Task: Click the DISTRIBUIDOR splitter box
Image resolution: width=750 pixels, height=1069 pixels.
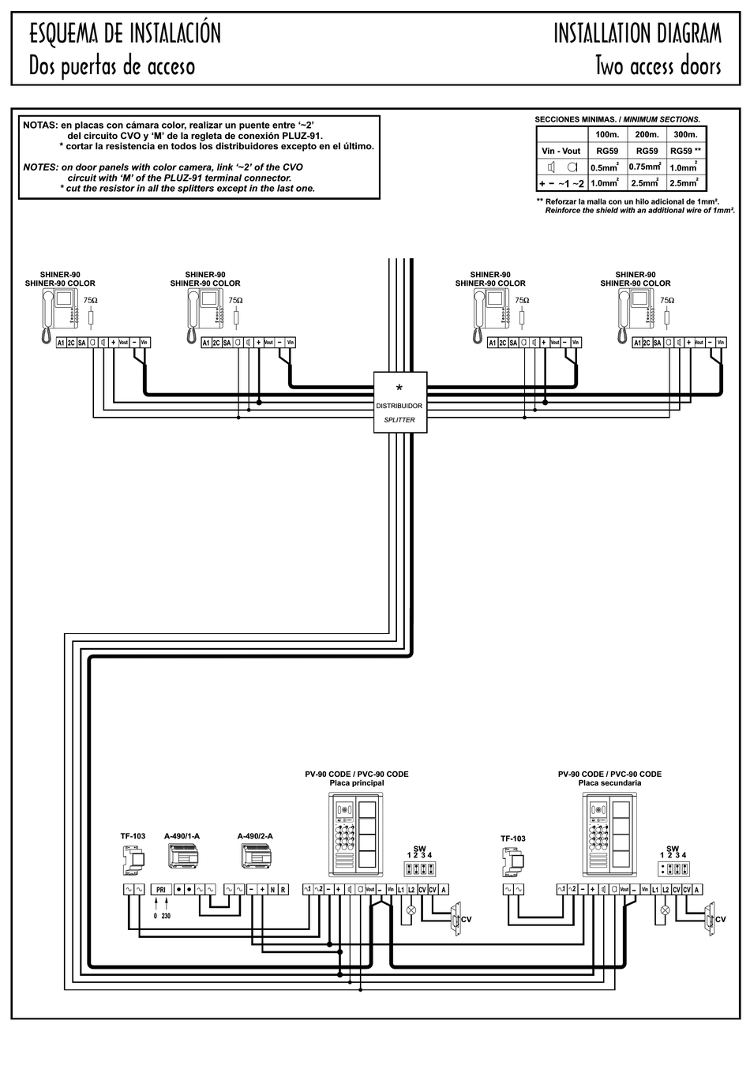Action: (x=399, y=403)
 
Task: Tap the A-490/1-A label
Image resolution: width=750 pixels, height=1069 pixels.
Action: (x=182, y=836)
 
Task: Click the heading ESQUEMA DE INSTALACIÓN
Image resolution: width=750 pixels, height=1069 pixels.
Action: (x=125, y=33)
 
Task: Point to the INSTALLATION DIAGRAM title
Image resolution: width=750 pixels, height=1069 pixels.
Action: (x=637, y=33)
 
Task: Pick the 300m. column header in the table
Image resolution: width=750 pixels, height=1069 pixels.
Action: (x=685, y=134)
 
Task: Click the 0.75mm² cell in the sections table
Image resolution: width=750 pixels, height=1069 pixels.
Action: (x=644, y=167)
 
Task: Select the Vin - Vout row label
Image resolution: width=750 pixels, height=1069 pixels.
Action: (x=561, y=151)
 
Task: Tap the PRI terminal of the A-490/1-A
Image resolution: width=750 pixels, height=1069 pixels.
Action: (x=160, y=890)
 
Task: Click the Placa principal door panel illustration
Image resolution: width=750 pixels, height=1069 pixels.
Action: (x=355, y=834)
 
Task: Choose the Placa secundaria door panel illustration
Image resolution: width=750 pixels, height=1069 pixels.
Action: (x=609, y=834)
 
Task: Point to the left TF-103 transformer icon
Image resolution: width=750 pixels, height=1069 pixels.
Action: (x=133, y=859)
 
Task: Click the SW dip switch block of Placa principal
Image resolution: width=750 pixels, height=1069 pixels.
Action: (x=419, y=869)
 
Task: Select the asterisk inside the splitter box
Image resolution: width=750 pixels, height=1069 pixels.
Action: (x=399, y=388)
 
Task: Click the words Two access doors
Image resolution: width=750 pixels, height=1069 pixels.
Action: (x=658, y=66)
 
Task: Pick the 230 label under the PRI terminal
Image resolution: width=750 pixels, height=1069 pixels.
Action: (x=166, y=917)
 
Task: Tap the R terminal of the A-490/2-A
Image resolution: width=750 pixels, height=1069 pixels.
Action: (x=283, y=890)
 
